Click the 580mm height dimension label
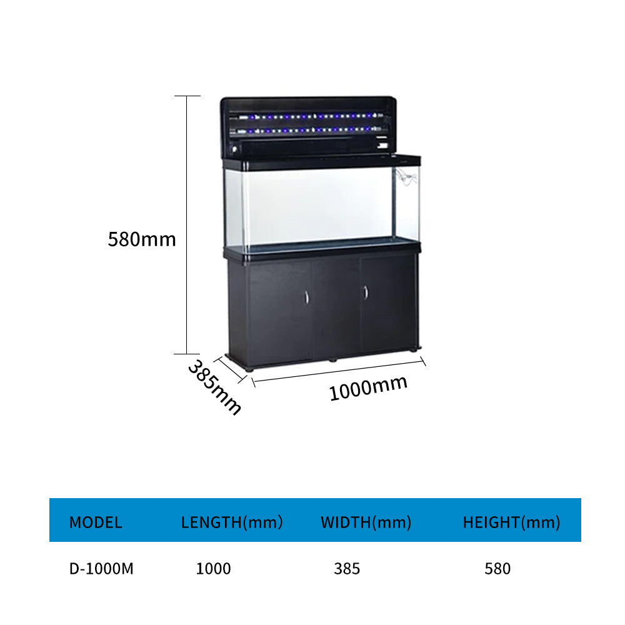[x=142, y=239]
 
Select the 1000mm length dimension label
[x=368, y=387]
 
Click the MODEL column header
[x=96, y=522]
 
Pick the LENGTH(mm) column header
[x=232, y=522]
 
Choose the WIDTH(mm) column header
[x=366, y=522]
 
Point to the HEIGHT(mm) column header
[x=511, y=522]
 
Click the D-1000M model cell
[x=101, y=569]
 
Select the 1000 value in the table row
[x=213, y=569]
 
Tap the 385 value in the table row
[x=347, y=569]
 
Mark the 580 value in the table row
[x=497, y=569]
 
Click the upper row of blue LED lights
[x=306, y=116]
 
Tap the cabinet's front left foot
[x=250, y=369]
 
